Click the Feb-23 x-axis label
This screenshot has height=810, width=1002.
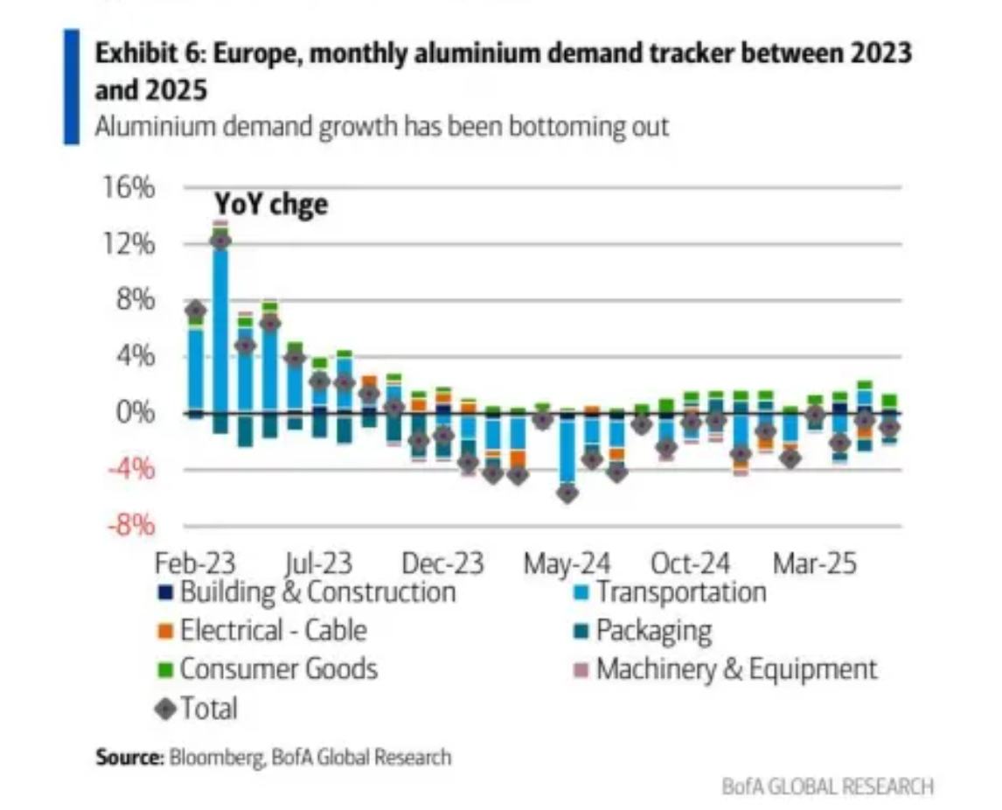coord(196,562)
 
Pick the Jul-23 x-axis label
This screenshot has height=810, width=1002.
coord(320,562)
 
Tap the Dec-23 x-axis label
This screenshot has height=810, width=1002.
coord(443,562)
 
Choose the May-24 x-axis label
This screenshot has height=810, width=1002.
coord(567,562)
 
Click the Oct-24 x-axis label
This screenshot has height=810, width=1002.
coord(692,562)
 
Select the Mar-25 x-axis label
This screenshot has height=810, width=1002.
coord(814,562)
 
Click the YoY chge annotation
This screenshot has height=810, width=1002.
coord(271,205)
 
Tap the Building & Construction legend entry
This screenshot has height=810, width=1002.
coord(317,592)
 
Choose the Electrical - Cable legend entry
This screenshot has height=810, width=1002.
coord(273,631)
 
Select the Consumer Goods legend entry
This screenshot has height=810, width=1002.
coord(278,669)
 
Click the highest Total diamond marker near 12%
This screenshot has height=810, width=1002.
coord(220,241)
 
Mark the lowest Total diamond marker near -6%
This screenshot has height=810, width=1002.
coord(567,492)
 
